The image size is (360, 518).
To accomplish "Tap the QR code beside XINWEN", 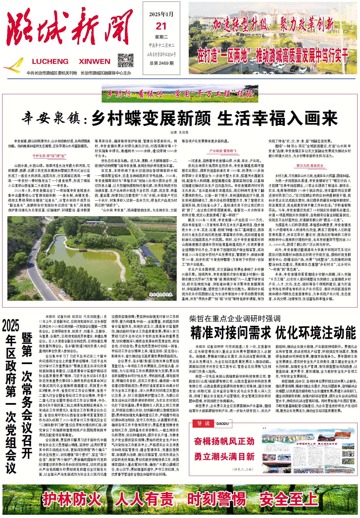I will (125, 61).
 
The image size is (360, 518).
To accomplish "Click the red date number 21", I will (161, 26).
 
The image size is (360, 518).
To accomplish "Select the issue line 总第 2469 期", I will (161, 63).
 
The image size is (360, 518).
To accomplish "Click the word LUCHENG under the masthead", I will (50, 61).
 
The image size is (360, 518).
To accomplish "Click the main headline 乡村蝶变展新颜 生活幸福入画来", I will (214, 118).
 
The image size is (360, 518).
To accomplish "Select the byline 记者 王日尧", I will (179, 132).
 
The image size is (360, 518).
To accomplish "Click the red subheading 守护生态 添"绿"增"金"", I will (49, 156).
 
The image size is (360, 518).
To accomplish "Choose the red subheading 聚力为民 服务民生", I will (310, 166).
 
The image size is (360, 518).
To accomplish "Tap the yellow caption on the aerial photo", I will (161, 294).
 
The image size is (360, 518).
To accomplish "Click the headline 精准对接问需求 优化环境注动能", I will (273, 333).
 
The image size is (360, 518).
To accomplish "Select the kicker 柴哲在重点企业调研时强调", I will (235, 318).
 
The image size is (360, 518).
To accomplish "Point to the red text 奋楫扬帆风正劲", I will (224, 441).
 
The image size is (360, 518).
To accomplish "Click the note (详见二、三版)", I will (242, 469).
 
